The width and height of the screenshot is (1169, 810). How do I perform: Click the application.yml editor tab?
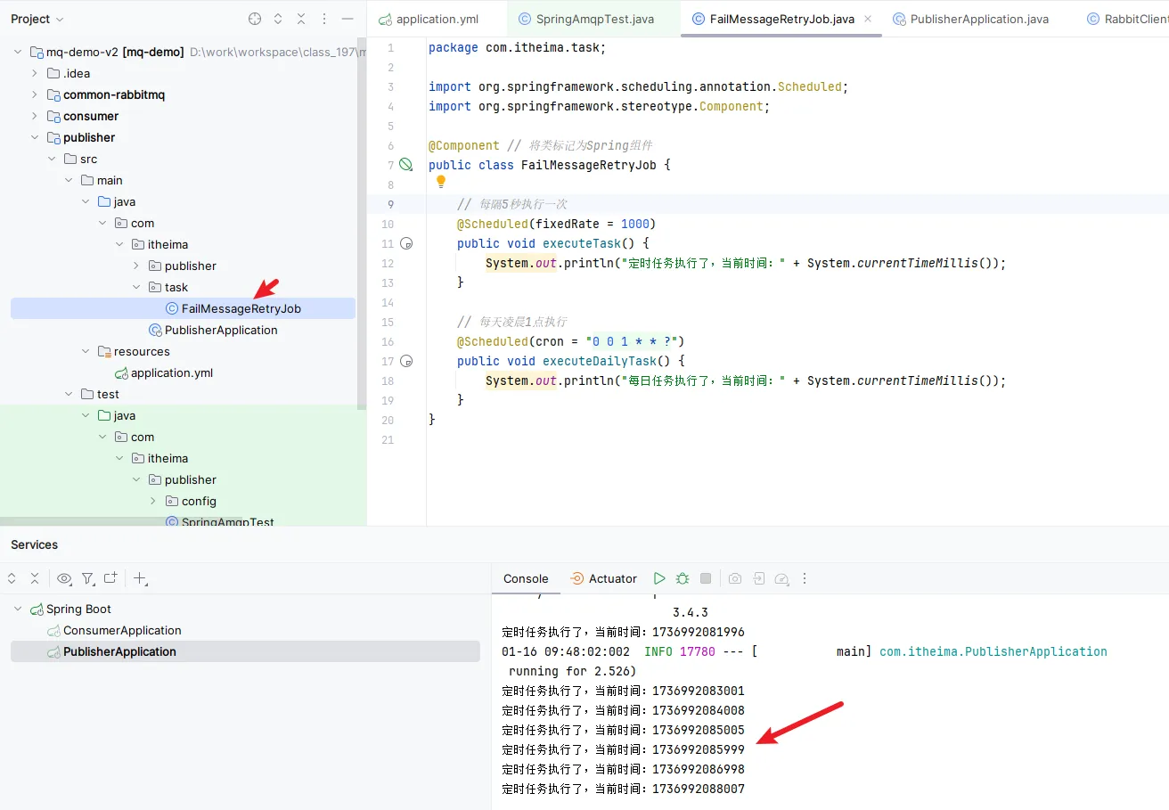(429, 20)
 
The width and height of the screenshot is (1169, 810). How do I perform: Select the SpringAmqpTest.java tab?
(586, 20)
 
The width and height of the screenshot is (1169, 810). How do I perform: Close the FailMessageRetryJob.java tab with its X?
(868, 19)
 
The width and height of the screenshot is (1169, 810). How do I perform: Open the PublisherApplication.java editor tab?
(970, 20)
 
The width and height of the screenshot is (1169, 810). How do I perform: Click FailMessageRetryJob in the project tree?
(241, 308)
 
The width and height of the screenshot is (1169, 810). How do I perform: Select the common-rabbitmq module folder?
(114, 94)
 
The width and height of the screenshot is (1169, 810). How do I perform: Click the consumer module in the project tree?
(90, 116)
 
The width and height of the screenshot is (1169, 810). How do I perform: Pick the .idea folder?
(77, 73)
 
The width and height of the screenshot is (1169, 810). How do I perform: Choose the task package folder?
(176, 287)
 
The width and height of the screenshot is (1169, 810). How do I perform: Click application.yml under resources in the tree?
(172, 372)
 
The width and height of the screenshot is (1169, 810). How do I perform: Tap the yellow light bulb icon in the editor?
(441, 181)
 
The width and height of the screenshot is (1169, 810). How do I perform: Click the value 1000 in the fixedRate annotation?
(634, 224)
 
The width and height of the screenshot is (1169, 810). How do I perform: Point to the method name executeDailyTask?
(599, 361)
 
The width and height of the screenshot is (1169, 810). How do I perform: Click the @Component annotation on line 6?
(463, 145)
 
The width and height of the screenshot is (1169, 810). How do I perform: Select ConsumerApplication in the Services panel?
(122, 631)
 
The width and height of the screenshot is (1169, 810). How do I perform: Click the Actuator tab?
(604, 578)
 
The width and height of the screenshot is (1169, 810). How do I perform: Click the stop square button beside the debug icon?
(706, 578)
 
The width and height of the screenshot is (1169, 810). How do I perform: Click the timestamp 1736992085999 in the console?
(699, 749)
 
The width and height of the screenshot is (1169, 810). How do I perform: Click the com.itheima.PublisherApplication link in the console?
(993, 651)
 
